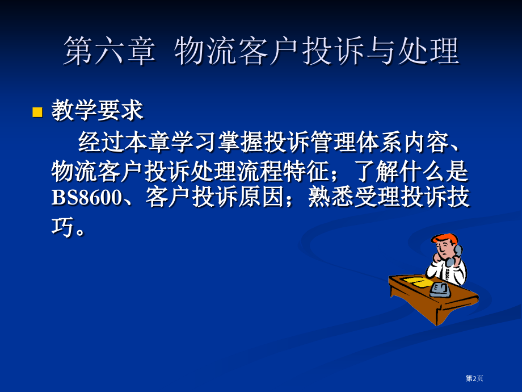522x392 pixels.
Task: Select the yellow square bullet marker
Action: (x=37, y=112)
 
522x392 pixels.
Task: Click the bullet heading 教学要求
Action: (x=97, y=111)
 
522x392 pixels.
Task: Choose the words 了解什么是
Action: (x=410, y=169)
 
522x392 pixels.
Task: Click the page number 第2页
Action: (x=474, y=378)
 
